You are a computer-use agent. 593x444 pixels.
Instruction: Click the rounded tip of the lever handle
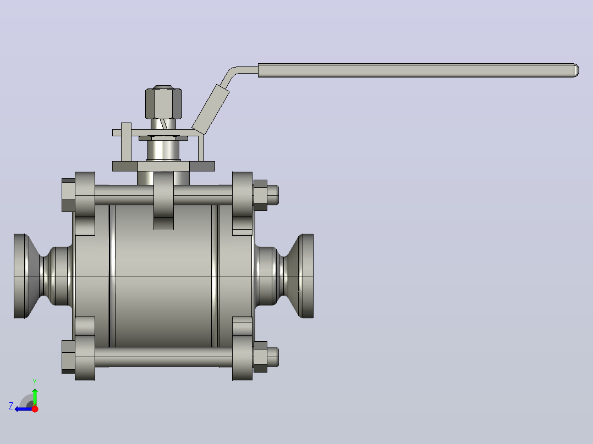[x=576, y=70]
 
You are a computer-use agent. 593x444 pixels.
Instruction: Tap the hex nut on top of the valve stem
[x=164, y=102]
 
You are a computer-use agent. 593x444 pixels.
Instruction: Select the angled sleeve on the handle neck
[x=211, y=109]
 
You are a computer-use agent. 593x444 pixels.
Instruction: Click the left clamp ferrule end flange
[x=21, y=276]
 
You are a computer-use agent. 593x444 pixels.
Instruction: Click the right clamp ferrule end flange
[x=306, y=276]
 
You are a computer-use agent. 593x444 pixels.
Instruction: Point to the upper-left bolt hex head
[x=68, y=195]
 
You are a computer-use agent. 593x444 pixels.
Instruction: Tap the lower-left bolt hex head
[x=68, y=357]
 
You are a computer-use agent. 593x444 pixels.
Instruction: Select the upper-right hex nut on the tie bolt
[x=260, y=195]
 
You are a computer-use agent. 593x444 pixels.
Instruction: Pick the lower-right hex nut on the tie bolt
[x=260, y=357]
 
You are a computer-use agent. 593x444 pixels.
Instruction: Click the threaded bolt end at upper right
[x=273, y=195]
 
